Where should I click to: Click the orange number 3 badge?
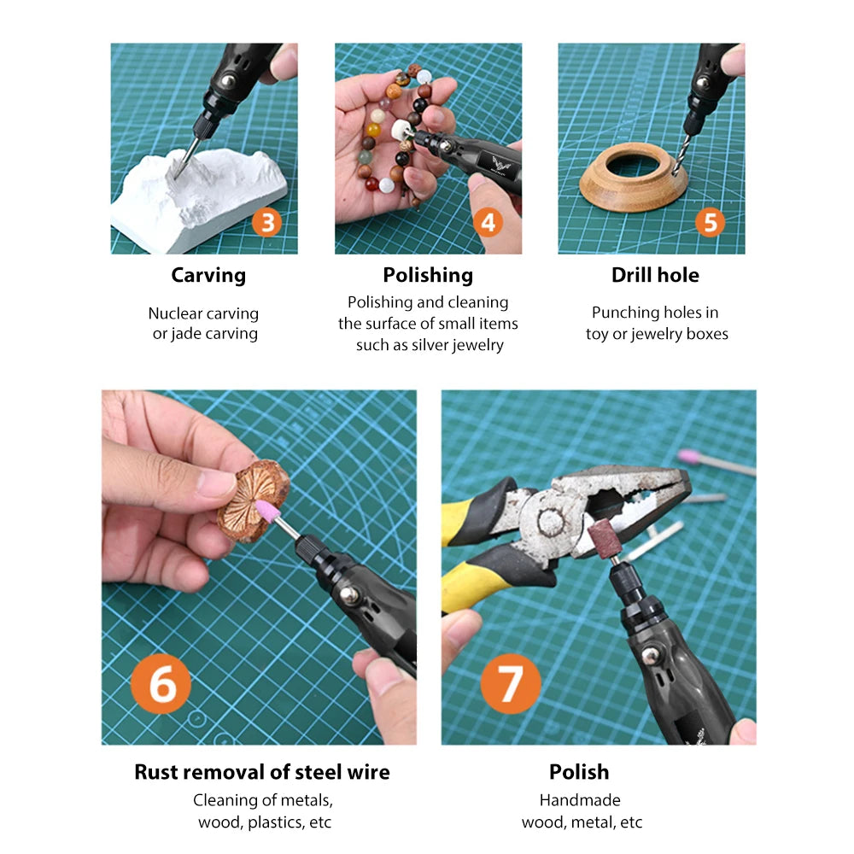pyautogui.click(x=268, y=223)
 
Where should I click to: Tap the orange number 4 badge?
pyautogui.click(x=488, y=223)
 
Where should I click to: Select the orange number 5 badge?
pyautogui.click(x=710, y=223)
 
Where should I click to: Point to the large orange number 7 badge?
pyautogui.click(x=510, y=684)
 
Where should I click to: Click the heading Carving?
pyautogui.click(x=208, y=275)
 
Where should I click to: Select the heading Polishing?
pyautogui.click(x=428, y=275)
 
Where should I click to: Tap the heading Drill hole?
pyautogui.click(x=655, y=275)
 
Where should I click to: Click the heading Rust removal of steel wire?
pyautogui.click(x=262, y=772)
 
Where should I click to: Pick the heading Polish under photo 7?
pyautogui.click(x=579, y=772)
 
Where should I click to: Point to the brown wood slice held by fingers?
pyautogui.click(x=248, y=500)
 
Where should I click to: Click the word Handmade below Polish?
pyautogui.click(x=580, y=800)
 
